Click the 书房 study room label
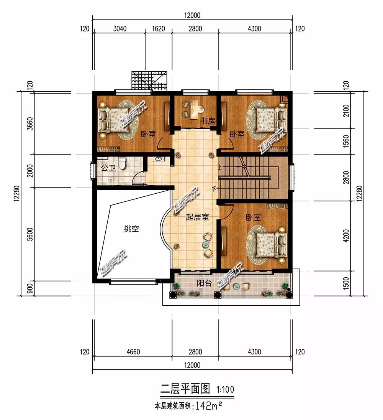(x=208, y=121)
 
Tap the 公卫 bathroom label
(x=108, y=168)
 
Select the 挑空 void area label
(x=131, y=229)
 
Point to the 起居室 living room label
(x=197, y=217)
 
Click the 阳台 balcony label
(x=204, y=283)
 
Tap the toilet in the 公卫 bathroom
(x=122, y=163)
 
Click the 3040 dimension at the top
(x=119, y=29)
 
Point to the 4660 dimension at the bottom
(x=133, y=351)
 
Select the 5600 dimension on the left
(x=30, y=234)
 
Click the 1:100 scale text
(x=225, y=389)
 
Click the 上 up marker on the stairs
(x=220, y=167)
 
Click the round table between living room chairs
(x=206, y=244)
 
